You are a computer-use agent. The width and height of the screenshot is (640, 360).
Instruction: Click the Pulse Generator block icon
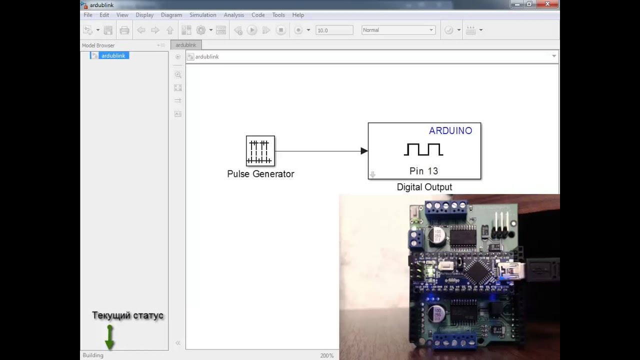(x=260, y=150)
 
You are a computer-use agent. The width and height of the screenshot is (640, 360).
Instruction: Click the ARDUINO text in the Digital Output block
(x=450, y=131)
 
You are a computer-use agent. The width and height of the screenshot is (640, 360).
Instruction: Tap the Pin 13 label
(x=423, y=171)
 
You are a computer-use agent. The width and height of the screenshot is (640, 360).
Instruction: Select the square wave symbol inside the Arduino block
(x=423, y=149)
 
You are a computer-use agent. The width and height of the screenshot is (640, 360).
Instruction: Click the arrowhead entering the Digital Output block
(x=364, y=151)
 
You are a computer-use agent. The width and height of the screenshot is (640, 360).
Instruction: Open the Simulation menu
(x=202, y=15)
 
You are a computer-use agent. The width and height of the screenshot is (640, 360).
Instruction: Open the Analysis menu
(x=233, y=15)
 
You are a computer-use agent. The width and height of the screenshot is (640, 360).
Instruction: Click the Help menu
(x=298, y=15)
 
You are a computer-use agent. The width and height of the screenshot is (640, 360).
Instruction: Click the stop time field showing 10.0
(x=334, y=30)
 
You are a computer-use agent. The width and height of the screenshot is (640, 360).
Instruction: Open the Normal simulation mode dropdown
(x=398, y=30)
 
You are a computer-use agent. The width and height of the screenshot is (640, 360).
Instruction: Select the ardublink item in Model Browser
(x=113, y=55)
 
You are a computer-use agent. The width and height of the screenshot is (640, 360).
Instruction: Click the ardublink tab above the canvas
(x=186, y=45)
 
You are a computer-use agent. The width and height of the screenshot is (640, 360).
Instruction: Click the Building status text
(x=93, y=355)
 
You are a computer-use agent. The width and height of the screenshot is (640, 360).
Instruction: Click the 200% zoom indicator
(x=327, y=355)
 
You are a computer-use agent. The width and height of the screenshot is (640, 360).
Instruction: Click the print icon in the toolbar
(x=124, y=30)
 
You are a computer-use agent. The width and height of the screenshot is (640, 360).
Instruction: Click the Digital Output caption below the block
(x=424, y=187)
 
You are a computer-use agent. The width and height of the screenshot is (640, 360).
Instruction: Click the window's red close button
(x=547, y=4)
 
